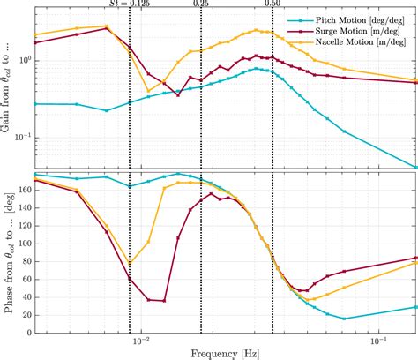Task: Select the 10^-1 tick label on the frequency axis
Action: (x=379, y=339)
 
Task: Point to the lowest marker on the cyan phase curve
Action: (x=344, y=319)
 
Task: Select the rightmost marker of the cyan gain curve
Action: (x=415, y=166)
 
